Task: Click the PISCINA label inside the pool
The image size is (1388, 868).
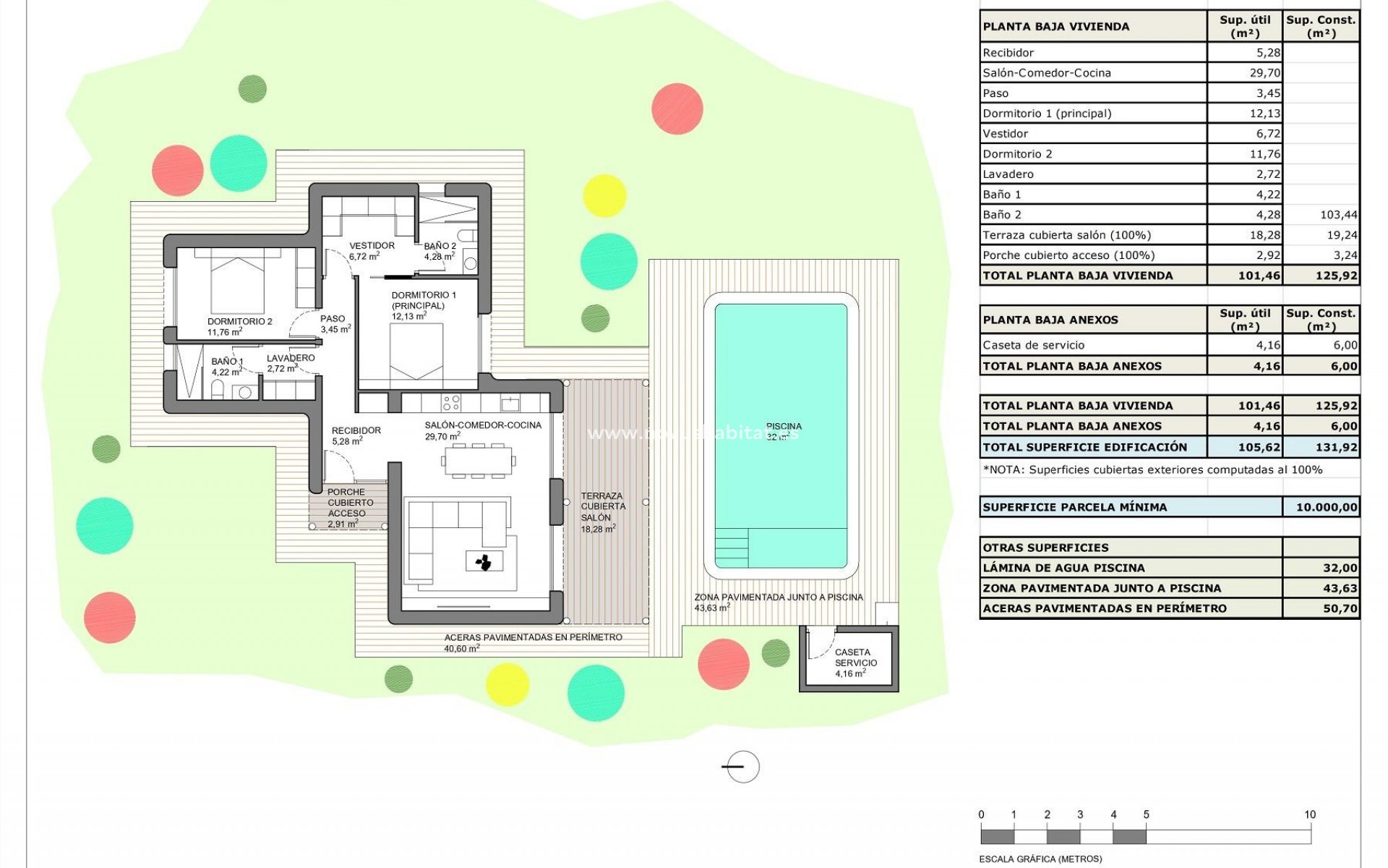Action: [x=784, y=427]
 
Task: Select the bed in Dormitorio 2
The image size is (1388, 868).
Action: [x=237, y=281]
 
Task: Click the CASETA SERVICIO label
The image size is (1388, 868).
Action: [x=855, y=658]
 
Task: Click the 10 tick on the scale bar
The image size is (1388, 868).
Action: [x=1309, y=815]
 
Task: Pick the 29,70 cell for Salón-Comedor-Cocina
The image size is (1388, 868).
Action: [x=1244, y=73]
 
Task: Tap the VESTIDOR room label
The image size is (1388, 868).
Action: [x=372, y=246]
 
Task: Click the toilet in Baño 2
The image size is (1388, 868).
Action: [x=468, y=236]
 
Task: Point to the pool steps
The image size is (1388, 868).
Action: [x=731, y=548]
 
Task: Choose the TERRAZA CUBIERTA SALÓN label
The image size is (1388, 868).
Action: [x=601, y=506]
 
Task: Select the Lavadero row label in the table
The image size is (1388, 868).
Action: [x=1008, y=174]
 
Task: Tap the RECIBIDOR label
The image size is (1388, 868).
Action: [x=356, y=431]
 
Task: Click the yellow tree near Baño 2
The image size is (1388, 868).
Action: [x=604, y=195]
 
